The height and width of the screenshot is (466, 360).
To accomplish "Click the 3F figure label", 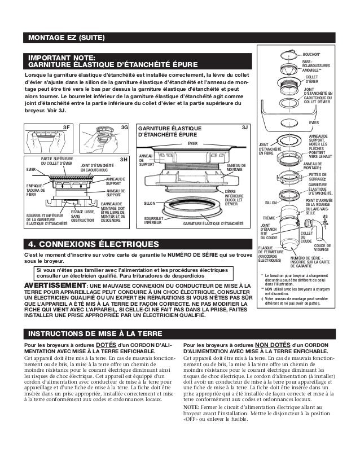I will (65, 128).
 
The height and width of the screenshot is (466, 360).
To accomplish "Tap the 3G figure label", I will (125, 128).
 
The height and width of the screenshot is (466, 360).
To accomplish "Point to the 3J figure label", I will (244, 128).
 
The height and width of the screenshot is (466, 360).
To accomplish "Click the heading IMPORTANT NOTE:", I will (62, 57).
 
